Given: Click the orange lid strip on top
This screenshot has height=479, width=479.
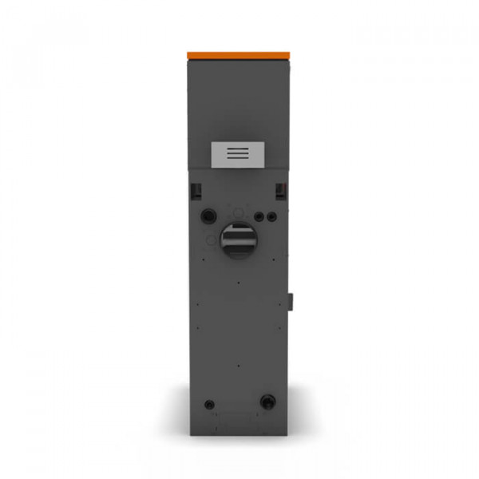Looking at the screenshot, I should pyautogui.click(x=239, y=54).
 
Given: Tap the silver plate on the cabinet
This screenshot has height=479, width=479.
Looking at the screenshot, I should pyautogui.click(x=237, y=155).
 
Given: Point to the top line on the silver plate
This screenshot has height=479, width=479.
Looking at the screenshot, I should pyautogui.click(x=236, y=149).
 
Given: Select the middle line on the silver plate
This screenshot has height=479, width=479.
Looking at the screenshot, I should pyautogui.click(x=236, y=154).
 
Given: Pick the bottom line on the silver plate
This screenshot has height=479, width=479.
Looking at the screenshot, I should pyautogui.click(x=236, y=159).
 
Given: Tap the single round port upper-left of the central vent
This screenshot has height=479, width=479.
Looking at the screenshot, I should pyautogui.click(x=209, y=216).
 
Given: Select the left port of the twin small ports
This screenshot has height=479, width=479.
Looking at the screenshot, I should pyautogui.click(x=259, y=216).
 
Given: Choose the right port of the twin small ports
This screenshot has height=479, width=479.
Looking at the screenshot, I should pyautogui.click(x=271, y=216).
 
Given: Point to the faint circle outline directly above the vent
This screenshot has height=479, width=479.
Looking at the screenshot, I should pyautogui.click(x=237, y=213).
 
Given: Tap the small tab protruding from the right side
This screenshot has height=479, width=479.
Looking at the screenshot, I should pyautogui.click(x=291, y=301).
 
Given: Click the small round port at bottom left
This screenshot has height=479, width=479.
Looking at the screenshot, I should pyautogui.click(x=209, y=403).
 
